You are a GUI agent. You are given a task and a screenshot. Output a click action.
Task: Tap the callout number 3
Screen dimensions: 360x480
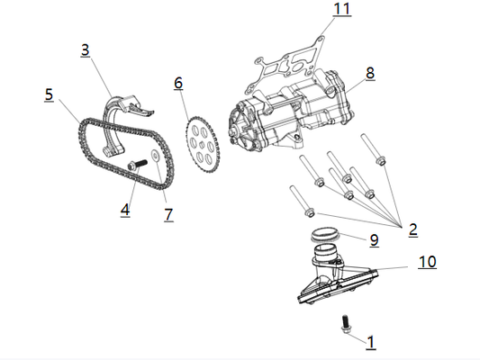coord(85,51)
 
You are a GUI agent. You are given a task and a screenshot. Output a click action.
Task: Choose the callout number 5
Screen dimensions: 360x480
coord(49,93)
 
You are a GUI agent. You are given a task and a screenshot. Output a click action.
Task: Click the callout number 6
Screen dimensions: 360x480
coord(178,83)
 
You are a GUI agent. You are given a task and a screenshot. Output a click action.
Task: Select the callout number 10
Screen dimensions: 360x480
coord(427,263)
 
